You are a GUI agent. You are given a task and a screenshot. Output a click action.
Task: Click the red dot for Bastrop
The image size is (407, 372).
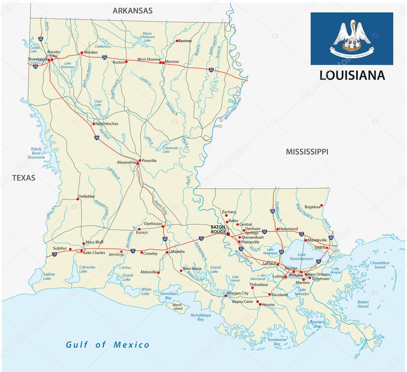click(177, 41)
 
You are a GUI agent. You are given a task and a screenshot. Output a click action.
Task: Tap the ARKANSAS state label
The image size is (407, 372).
click(132, 11)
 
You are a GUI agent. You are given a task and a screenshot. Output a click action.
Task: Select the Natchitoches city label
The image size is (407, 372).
click(107, 124)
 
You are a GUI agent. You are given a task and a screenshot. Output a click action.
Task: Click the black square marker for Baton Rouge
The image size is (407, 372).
click(228, 234)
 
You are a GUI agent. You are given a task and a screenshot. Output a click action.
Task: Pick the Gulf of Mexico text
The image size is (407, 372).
click(108, 345)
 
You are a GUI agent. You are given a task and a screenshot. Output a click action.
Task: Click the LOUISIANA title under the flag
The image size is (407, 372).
click(352, 75)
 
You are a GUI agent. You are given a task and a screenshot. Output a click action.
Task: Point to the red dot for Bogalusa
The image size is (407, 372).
click(321, 205)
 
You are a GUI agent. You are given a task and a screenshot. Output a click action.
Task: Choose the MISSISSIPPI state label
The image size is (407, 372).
click(307, 152)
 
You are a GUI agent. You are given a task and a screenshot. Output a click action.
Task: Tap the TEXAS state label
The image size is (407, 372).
click(23, 178)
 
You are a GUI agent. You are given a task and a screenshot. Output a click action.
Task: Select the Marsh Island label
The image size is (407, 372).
click(177, 307)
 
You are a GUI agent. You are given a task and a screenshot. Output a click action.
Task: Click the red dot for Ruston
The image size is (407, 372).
click(126, 62)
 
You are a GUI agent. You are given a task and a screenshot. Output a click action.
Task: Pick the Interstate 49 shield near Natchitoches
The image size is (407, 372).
click(97, 137)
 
